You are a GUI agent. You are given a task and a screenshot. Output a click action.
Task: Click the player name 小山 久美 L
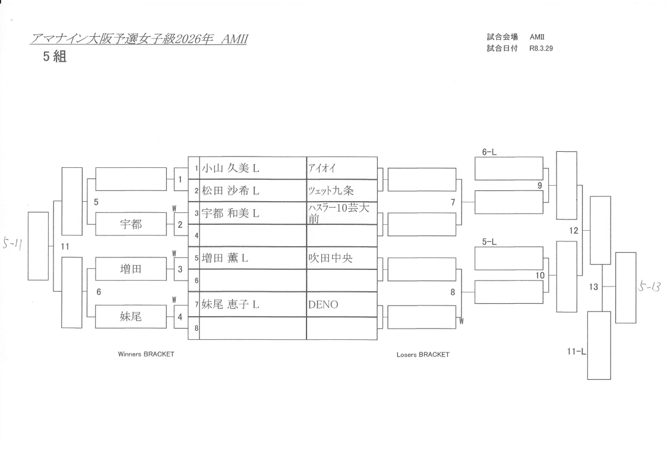pos(230,168)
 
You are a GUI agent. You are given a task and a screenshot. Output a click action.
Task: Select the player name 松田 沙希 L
pos(230,191)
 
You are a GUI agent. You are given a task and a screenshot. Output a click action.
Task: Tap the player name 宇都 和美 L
pos(230,213)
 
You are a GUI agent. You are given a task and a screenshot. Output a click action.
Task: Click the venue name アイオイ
pos(322,168)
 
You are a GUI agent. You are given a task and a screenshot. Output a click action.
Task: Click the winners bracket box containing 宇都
pos(131,224)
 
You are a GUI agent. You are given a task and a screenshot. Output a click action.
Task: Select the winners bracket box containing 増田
pos(131,269)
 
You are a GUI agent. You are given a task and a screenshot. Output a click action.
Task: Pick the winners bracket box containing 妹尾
pos(131,317)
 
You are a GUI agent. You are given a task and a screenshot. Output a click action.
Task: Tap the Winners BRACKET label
pos(146,354)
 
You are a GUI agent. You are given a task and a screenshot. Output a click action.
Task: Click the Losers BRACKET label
pos(423,355)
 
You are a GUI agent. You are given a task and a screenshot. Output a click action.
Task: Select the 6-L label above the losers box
pos(489,152)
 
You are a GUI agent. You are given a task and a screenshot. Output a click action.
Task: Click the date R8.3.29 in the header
pos(541,49)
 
